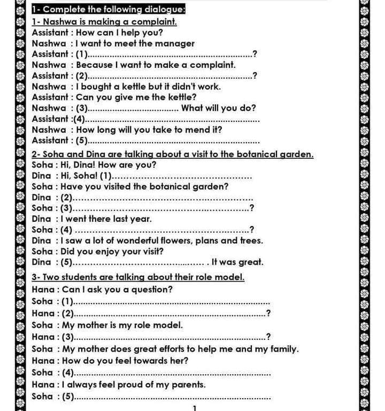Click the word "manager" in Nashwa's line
[x=175, y=43]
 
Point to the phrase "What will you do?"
[x=219, y=108]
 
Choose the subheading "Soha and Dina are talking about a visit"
[x=172, y=154]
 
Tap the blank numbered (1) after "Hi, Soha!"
[x=182, y=176]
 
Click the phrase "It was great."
[x=237, y=262]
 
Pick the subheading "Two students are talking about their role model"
[x=138, y=277]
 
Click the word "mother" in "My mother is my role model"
[x=96, y=324]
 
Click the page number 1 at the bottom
[x=195, y=408]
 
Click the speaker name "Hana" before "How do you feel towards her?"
[x=43, y=361]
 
